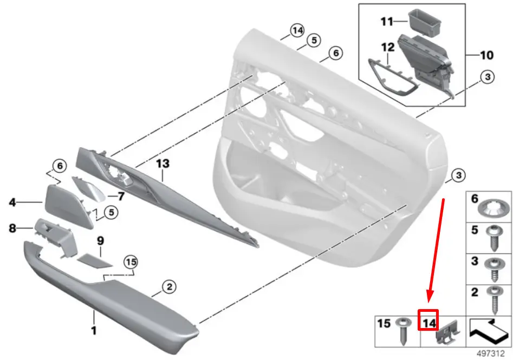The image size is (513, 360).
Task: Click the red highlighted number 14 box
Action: pos(428,320)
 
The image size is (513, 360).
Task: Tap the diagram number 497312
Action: pos(490,354)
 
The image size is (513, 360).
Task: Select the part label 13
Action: pos(163,163)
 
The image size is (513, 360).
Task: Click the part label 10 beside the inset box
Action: pos(486,55)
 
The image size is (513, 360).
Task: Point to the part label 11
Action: pos(387,22)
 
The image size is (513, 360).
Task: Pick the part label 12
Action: pos(388,48)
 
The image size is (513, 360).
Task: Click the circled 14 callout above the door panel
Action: pos(297,31)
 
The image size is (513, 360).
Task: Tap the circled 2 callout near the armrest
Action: pos(169,287)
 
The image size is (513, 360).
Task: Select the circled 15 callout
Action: pos(131,262)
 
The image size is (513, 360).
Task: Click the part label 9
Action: pos(100,241)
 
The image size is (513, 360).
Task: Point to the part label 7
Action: pos(121,196)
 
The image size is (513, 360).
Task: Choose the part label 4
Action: pos(12,202)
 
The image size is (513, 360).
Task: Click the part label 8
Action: pos(12,228)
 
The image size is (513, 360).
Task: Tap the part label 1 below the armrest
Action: pos(94,330)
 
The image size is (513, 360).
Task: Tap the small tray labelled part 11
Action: pos(424,23)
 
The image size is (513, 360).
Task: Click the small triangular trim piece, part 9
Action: pos(95,260)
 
